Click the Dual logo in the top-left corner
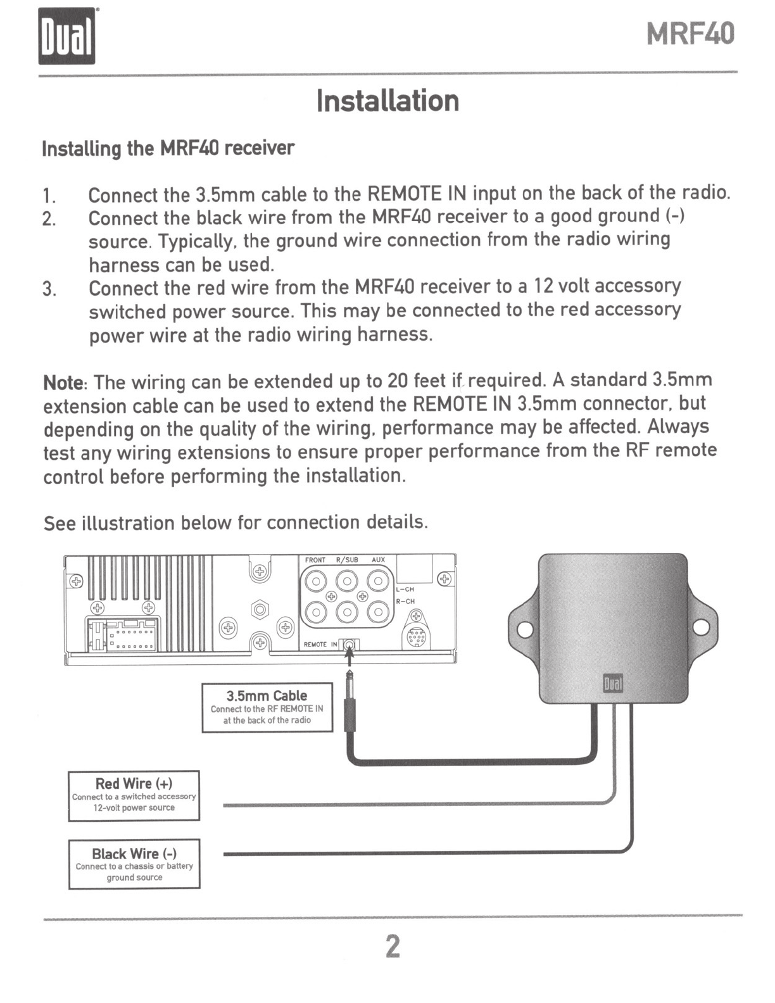pyautogui.click(x=66, y=36)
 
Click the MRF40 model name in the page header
pyautogui.click(x=691, y=34)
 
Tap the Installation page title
pyautogui.click(x=387, y=101)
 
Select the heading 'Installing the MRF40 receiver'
pyautogui.click(x=168, y=148)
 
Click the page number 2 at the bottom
pyautogui.click(x=393, y=947)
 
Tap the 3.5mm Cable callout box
pyautogui.click(x=267, y=707)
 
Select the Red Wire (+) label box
pyautogui.click(x=134, y=795)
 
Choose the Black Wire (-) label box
pyautogui.click(x=134, y=864)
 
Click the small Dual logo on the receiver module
pyautogui.click(x=612, y=684)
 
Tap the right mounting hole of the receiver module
pyautogui.click(x=701, y=628)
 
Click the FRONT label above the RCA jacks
pyautogui.click(x=315, y=560)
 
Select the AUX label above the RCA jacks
pyautogui.click(x=378, y=560)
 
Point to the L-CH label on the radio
pyautogui.click(x=405, y=590)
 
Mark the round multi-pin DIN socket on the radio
pyautogui.click(x=416, y=638)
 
